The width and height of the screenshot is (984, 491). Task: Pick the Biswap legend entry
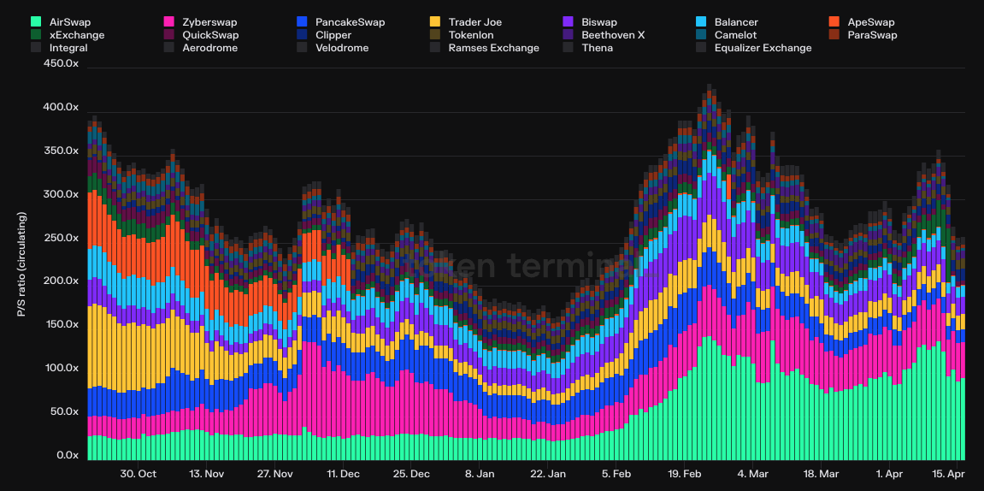(598, 21)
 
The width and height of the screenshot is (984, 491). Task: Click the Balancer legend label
(735, 21)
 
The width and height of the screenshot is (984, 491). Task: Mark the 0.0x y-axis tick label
(67, 455)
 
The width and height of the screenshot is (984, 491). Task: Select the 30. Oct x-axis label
(138, 474)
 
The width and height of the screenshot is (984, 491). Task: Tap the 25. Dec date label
(411, 474)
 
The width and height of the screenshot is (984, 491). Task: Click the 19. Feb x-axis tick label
(685, 474)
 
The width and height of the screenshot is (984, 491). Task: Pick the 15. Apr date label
(948, 474)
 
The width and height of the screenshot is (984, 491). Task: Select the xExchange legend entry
(77, 35)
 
